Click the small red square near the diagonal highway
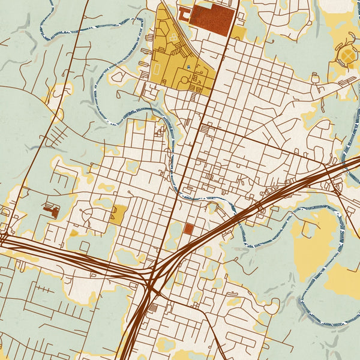189,229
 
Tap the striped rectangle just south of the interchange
152,308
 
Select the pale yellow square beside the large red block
239,32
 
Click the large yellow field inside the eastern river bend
314,237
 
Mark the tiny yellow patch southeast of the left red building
74,233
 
